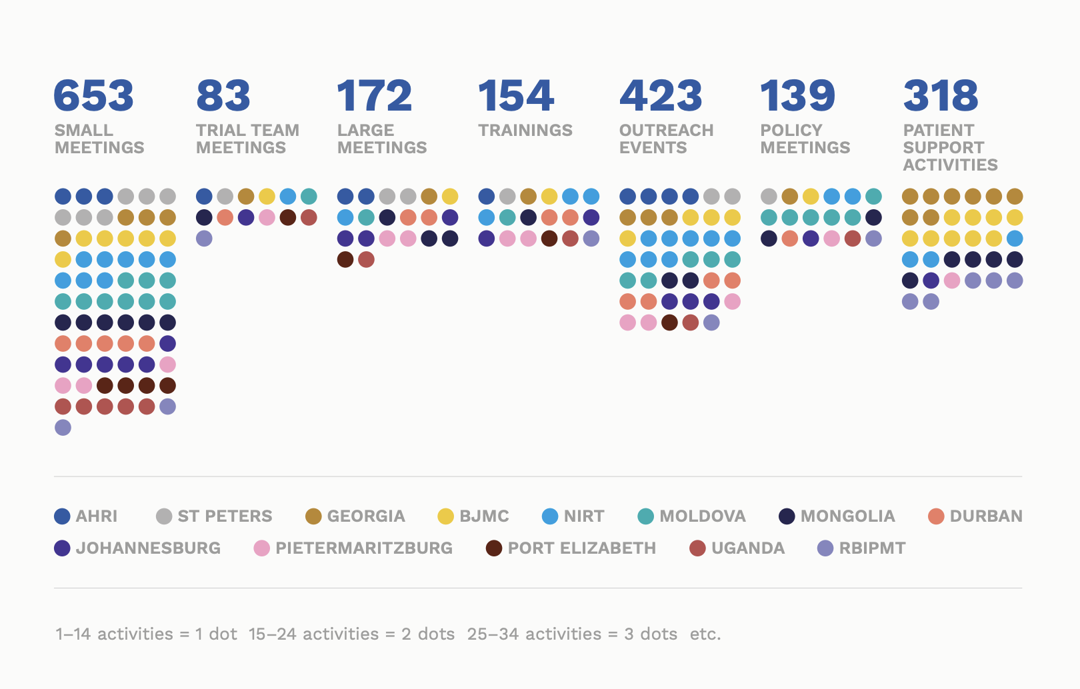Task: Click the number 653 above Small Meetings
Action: (x=93, y=95)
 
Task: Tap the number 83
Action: (x=223, y=95)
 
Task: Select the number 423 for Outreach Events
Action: (x=661, y=95)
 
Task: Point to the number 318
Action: (x=941, y=95)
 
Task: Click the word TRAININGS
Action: (x=525, y=131)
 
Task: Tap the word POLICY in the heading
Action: (x=791, y=131)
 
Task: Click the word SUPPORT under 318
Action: (x=943, y=148)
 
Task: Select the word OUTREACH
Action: (x=666, y=131)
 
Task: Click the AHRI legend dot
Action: (x=62, y=516)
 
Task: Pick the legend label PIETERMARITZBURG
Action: (x=364, y=548)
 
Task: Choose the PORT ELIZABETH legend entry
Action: (x=581, y=548)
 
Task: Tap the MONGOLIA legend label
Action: (x=847, y=516)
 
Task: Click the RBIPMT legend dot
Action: (x=825, y=548)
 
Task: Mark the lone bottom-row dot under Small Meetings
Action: (x=63, y=427)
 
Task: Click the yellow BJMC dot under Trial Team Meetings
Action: (x=267, y=197)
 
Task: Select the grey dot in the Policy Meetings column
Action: (x=769, y=197)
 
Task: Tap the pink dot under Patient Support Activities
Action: (x=952, y=281)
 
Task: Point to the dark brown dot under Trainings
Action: (x=549, y=239)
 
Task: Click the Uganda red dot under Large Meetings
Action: (x=366, y=259)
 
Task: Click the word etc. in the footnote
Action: (x=705, y=634)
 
